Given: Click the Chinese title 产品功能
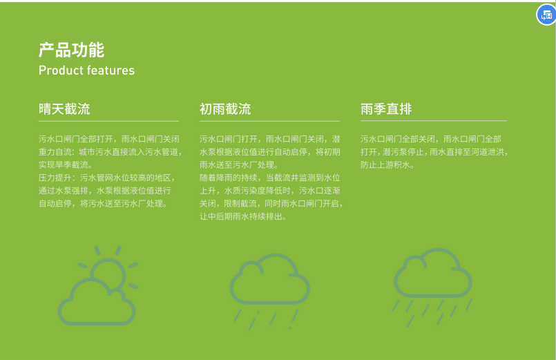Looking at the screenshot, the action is pos(71,50).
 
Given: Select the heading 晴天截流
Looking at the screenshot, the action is pos(64,109).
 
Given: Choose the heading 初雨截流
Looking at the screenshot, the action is pos(225,109).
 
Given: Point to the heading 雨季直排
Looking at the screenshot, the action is pos(386,109).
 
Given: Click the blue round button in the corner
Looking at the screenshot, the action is pos(546,15).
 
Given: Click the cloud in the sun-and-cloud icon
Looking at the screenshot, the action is pos(97,302).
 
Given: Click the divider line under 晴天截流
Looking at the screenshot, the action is pos(108,122).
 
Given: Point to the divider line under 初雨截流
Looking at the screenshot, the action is pos(270,122).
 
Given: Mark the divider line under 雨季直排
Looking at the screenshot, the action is pos(434,121).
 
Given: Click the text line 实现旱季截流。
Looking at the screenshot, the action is pos(66,165).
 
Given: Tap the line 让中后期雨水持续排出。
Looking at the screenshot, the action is pos(243,217).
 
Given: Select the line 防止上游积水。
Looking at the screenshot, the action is pos(387,165).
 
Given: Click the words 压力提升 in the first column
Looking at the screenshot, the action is pos(55,178).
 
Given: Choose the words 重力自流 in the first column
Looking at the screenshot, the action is pos(55,152).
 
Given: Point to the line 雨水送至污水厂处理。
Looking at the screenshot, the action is pos(240,165).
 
